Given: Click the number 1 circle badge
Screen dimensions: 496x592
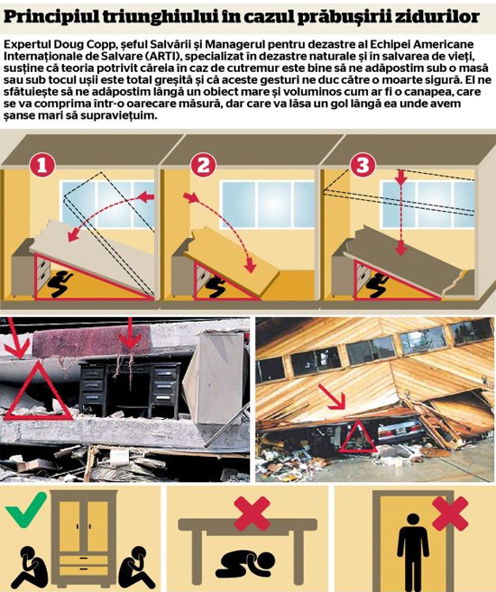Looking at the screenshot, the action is click(x=41, y=166).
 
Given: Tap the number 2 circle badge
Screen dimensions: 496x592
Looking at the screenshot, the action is click(x=203, y=165).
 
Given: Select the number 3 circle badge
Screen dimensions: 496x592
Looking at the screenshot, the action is click(x=363, y=165).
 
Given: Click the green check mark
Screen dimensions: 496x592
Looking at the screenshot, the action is click(x=25, y=508).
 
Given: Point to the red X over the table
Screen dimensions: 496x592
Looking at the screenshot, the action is click(x=252, y=514).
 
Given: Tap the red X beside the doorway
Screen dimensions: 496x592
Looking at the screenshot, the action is click(x=450, y=514).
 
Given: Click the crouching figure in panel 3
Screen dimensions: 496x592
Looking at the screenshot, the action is click(x=377, y=285).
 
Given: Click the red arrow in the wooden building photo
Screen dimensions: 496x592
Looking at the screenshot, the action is click(x=332, y=396).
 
